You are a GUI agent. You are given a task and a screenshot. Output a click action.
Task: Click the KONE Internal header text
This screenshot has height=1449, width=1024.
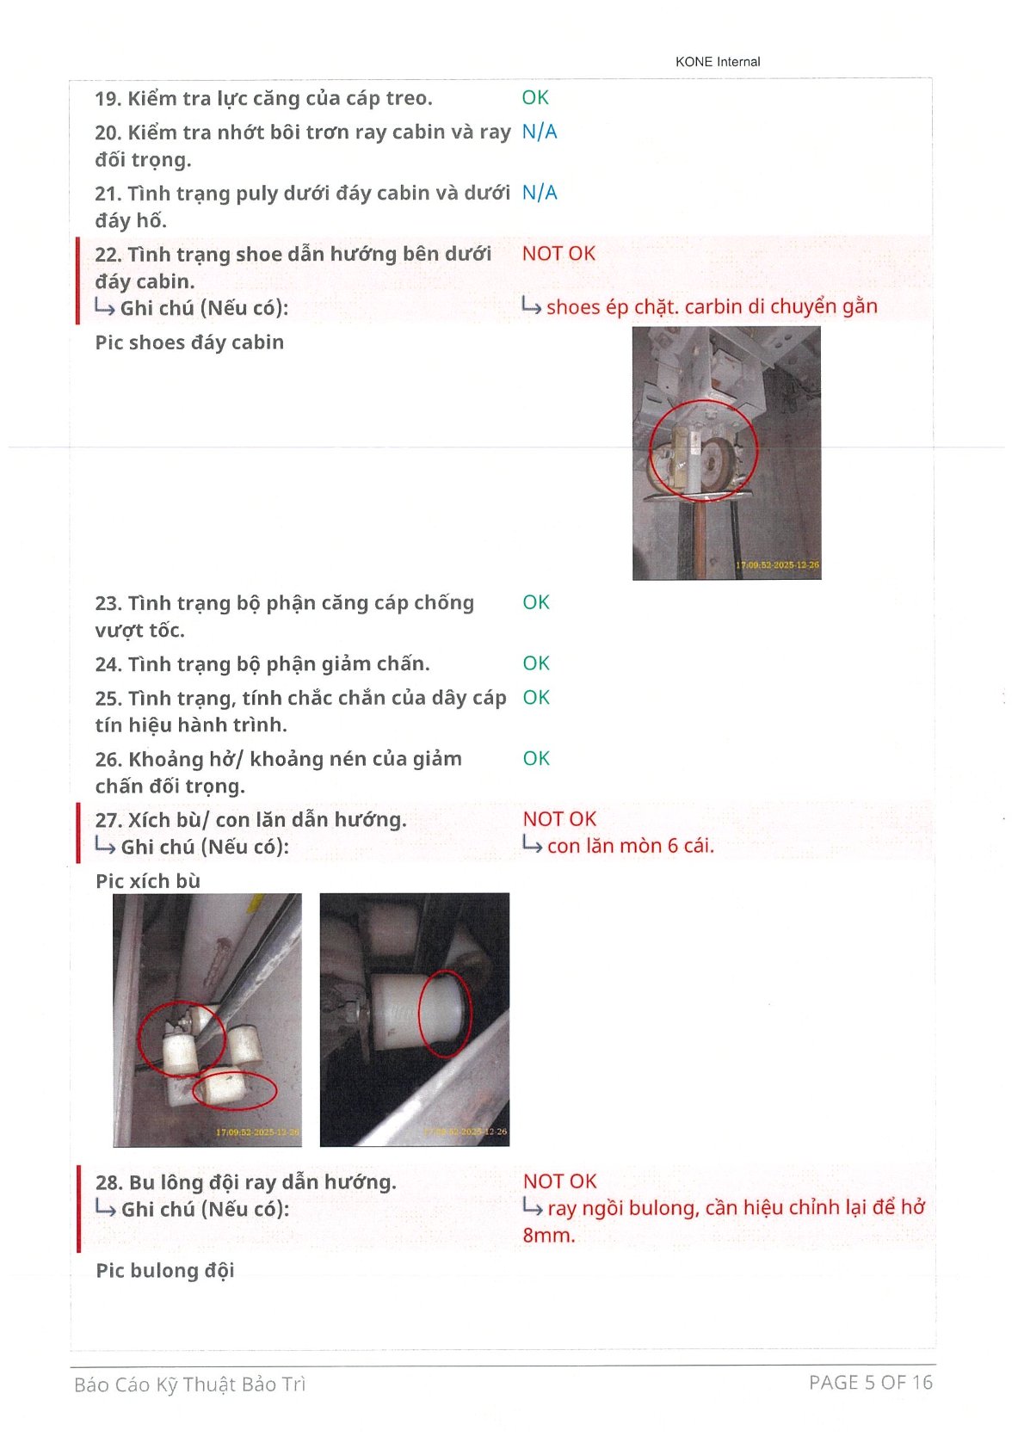(x=718, y=61)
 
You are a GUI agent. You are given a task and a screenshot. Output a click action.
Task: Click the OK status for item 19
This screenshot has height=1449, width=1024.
(x=535, y=98)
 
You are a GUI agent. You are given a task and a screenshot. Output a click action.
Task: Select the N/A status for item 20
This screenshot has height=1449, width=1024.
(x=540, y=132)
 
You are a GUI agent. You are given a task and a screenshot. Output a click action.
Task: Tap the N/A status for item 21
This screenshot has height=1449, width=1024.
(x=540, y=193)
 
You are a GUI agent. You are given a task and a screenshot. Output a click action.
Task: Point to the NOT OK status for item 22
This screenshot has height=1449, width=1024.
(x=558, y=254)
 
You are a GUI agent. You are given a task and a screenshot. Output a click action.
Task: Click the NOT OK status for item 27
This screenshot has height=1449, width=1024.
(x=559, y=819)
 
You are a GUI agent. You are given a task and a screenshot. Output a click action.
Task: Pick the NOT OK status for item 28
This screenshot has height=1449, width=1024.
(x=559, y=1181)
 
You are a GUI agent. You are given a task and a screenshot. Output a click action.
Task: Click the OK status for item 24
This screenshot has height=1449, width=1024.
(x=536, y=663)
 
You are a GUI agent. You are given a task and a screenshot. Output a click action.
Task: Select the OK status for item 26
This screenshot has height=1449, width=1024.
(x=536, y=758)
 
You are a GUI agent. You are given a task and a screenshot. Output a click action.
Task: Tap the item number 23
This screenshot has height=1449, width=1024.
(x=108, y=603)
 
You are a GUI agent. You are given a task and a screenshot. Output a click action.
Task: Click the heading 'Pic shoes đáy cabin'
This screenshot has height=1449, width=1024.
(x=189, y=342)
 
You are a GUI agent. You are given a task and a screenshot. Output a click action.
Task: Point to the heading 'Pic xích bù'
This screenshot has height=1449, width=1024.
(x=147, y=881)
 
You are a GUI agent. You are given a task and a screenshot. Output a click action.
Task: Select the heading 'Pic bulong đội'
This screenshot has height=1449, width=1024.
(x=165, y=1271)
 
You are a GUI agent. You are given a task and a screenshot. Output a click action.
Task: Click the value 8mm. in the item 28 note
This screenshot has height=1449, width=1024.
(x=548, y=1236)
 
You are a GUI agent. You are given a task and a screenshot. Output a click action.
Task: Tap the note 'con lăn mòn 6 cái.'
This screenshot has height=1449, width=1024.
(x=631, y=846)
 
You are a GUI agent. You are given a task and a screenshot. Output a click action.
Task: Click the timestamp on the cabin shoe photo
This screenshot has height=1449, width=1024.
(x=777, y=564)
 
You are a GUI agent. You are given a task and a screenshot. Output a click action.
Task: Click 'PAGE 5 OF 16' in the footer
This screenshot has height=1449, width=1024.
(x=871, y=1383)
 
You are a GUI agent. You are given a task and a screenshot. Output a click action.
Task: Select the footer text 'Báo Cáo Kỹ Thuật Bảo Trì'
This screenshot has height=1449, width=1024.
(x=190, y=1384)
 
